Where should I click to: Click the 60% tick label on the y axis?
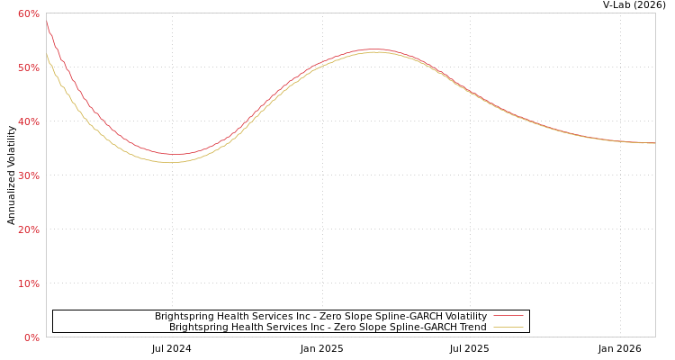pyautogui.click(x=28, y=13)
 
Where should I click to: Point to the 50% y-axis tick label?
pyautogui.click(x=28, y=67)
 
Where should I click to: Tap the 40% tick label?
pyautogui.click(x=28, y=121)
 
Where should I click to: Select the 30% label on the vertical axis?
pyautogui.click(x=28, y=175)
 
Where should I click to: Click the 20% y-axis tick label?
pyautogui.click(x=28, y=229)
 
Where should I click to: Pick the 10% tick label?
pyautogui.click(x=28, y=283)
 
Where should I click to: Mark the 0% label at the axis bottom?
pyautogui.click(x=31, y=337)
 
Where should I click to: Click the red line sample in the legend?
pyautogui.click(x=508, y=317)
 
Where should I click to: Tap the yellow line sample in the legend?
pyautogui.click(x=508, y=328)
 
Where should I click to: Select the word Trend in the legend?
pyautogui.click(x=472, y=328)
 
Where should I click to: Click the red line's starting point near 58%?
pyautogui.click(x=47, y=22)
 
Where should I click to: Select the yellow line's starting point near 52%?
pyautogui.click(x=47, y=55)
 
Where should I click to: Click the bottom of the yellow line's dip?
pyautogui.click(x=170, y=162)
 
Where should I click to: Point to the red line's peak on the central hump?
pyautogui.click(x=373, y=49)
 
